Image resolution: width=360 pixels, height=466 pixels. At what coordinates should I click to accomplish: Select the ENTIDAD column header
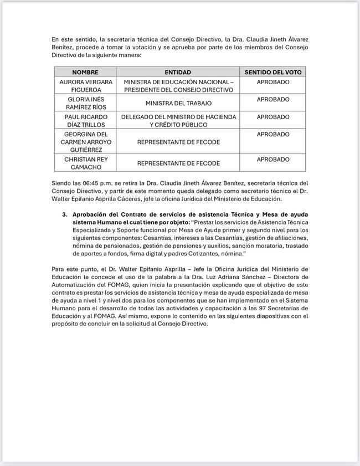click(x=178, y=73)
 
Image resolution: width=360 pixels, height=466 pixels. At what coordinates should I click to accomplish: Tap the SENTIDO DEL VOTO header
click(x=273, y=73)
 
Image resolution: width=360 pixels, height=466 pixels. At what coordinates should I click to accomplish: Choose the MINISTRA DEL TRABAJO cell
click(x=178, y=104)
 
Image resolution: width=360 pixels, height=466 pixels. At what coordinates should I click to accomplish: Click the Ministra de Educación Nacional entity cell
click(x=178, y=86)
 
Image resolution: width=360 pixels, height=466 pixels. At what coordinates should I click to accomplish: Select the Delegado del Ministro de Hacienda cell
click(x=178, y=121)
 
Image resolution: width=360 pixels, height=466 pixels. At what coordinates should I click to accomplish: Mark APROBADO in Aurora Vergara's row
click(x=273, y=82)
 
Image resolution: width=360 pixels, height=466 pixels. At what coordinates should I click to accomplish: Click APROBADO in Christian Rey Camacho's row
click(x=273, y=160)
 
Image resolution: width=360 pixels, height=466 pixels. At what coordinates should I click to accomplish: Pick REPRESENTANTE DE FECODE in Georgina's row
click(x=178, y=142)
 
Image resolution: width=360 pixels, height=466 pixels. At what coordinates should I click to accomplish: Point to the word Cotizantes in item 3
click(x=199, y=253)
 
